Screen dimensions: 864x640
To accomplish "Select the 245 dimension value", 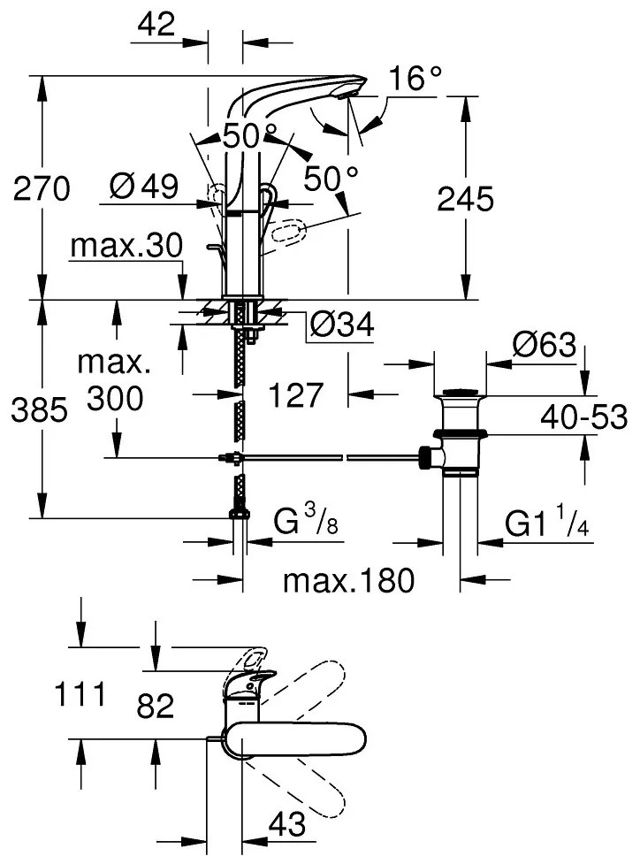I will (465, 201).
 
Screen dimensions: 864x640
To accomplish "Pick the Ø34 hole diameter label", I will (340, 328).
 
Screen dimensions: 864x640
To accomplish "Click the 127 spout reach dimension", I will (295, 395).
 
